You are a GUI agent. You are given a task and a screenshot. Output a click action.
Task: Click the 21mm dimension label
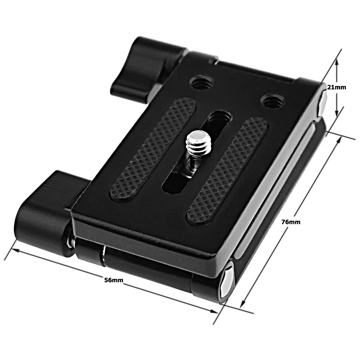[x=336, y=87]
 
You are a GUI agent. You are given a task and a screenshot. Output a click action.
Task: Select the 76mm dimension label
[x=291, y=222]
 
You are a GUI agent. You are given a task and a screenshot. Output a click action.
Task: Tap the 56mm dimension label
[x=114, y=280]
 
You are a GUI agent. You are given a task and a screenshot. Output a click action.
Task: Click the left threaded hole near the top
[x=202, y=83]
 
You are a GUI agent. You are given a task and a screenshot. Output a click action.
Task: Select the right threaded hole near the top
[x=273, y=100]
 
